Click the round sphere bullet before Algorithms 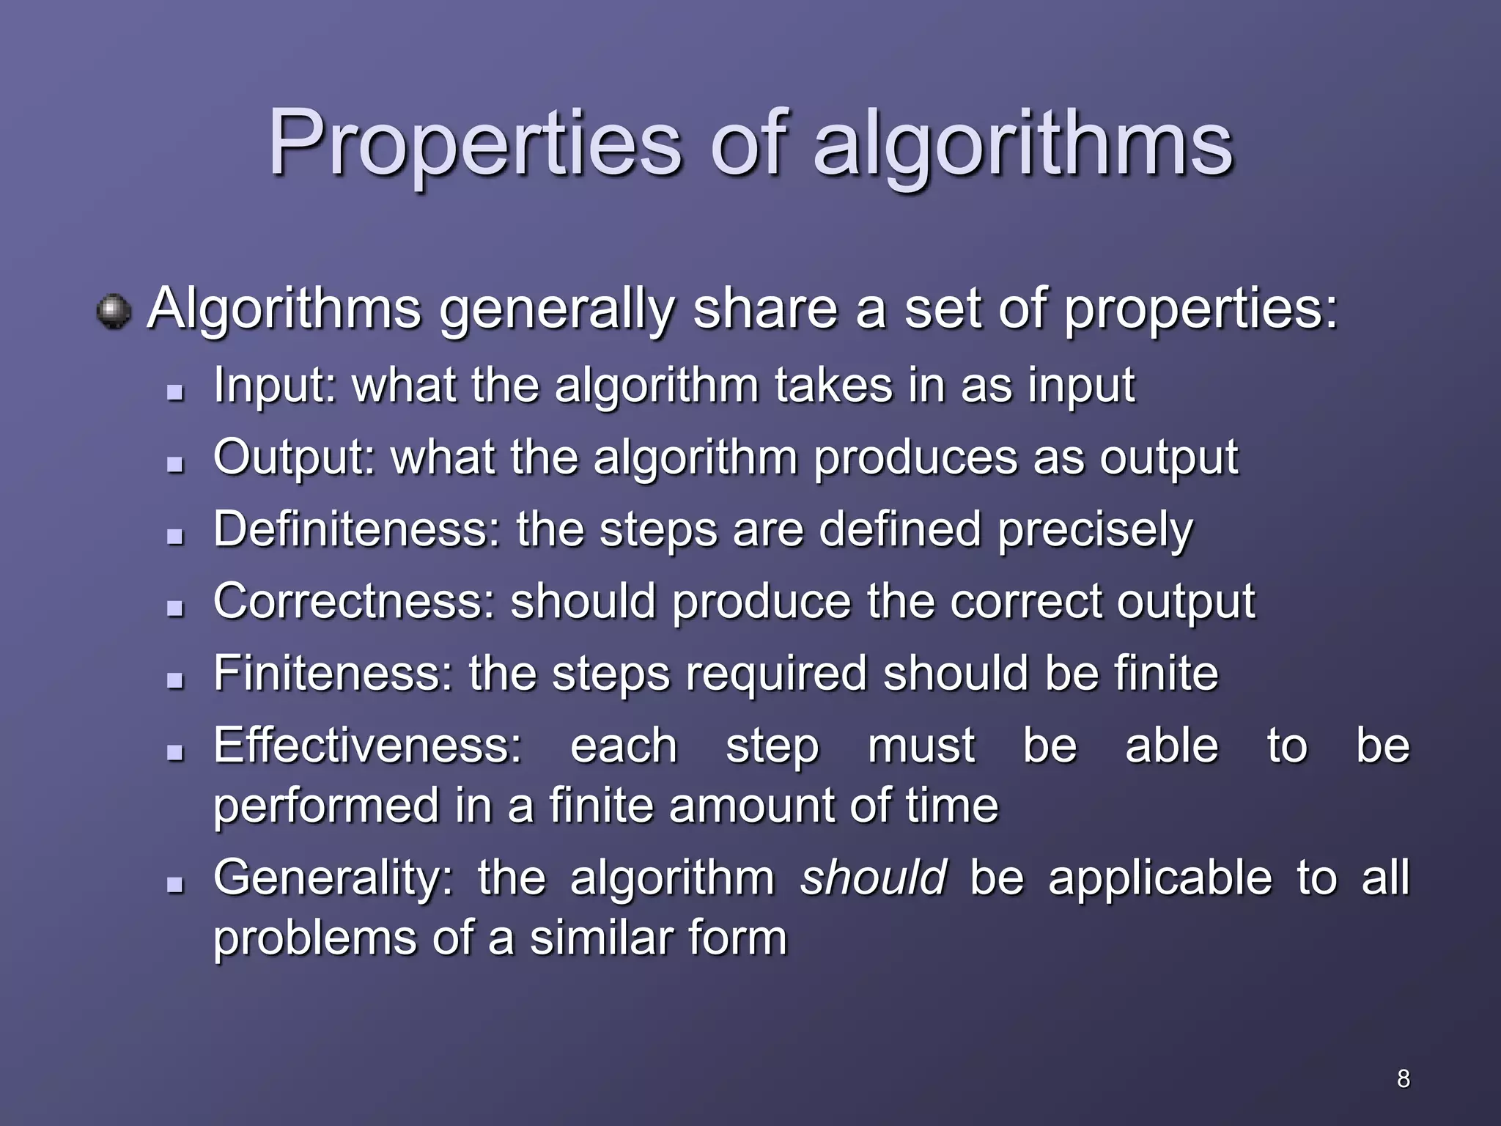tap(114, 312)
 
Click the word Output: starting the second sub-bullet tap(294, 457)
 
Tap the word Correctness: tap(354, 601)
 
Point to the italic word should tap(873, 877)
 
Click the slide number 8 tap(1403, 1078)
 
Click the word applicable tap(1160, 877)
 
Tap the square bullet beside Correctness tap(174, 608)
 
